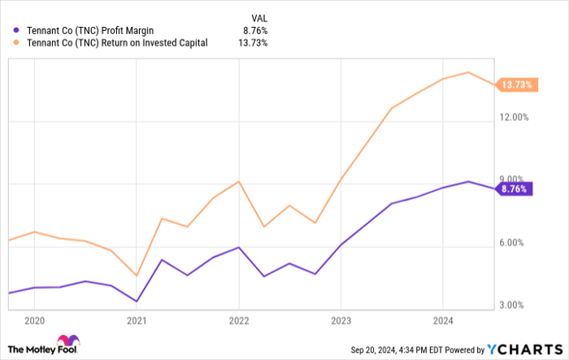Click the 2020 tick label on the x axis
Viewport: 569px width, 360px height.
coord(35,320)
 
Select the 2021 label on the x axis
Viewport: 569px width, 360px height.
coord(137,320)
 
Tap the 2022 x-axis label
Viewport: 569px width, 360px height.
coord(238,320)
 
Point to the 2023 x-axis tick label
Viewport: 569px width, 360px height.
coord(340,320)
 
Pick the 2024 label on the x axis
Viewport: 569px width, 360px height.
coord(441,320)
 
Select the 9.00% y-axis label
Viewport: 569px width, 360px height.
coord(515,180)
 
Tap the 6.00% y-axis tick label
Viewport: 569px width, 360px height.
coord(515,243)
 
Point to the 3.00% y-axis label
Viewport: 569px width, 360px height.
coord(515,306)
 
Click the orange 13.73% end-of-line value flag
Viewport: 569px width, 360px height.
coord(515,85)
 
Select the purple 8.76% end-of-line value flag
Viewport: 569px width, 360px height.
coord(513,189)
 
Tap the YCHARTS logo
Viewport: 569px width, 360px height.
coord(523,349)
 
